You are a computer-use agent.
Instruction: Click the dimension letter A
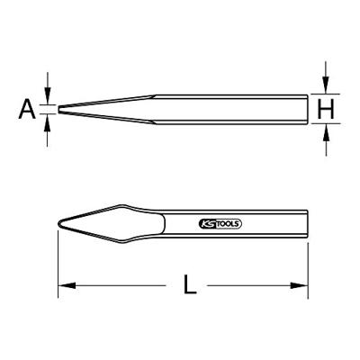[x=27, y=110]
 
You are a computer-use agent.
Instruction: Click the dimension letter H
[x=326, y=109]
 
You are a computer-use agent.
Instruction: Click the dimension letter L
[x=190, y=284]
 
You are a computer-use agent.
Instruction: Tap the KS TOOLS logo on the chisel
[x=220, y=224]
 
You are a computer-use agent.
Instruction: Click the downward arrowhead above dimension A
[x=47, y=96]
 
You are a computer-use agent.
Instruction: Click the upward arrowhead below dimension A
[x=47, y=122]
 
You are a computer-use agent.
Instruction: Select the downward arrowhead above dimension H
[x=326, y=85]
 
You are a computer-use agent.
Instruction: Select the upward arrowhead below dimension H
[x=326, y=132]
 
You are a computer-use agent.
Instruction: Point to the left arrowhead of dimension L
[x=67, y=285]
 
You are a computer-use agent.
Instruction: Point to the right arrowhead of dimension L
[x=299, y=285]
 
